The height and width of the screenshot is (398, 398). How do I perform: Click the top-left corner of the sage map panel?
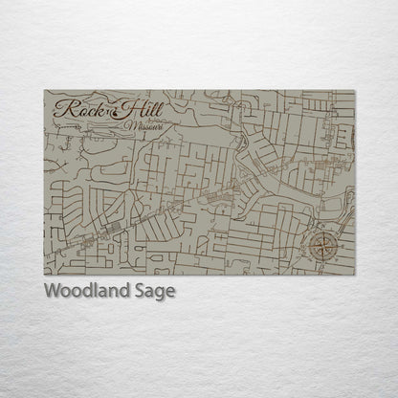pos(45,91)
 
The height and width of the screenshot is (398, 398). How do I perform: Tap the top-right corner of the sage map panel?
pos(355,91)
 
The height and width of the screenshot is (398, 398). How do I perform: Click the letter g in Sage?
pos(161,294)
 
